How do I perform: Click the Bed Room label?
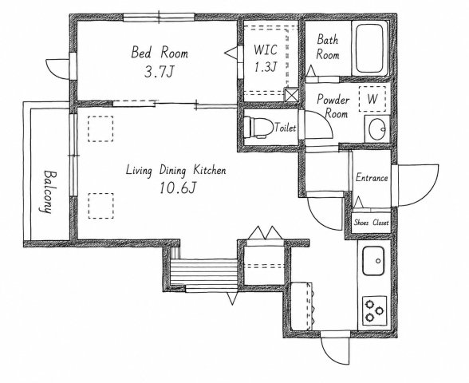(x=160, y=52)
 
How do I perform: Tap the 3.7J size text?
(x=159, y=72)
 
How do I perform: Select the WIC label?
(x=265, y=49)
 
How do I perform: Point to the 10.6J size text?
(x=178, y=188)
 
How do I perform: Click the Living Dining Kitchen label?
(x=175, y=170)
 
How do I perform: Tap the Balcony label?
(x=46, y=191)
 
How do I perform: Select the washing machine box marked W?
(x=372, y=99)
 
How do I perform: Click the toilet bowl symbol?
(x=258, y=127)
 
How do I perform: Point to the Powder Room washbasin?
(x=376, y=129)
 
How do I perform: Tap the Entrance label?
(x=372, y=178)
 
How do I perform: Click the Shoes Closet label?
(x=371, y=223)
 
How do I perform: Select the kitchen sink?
(x=373, y=261)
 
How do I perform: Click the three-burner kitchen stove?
(x=375, y=311)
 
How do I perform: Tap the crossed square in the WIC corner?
(x=292, y=94)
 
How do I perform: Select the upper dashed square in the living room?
(x=100, y=128)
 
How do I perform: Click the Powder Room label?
(x=333, y=106)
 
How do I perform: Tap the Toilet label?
(x=286, y=128)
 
